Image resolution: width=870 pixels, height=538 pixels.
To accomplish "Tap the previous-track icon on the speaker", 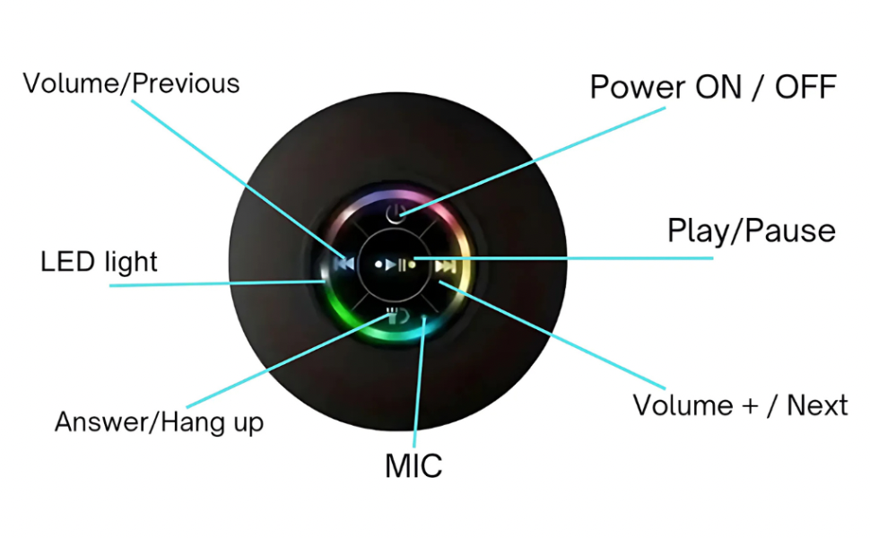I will [x=343, y=265].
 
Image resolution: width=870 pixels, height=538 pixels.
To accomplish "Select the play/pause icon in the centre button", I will [x=396, y=265].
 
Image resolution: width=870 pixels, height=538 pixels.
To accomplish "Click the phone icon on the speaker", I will [x=396, y=315].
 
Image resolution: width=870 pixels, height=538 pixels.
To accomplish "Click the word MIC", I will [x=413, y=465].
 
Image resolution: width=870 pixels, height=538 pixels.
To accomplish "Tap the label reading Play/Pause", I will [x=751, y=231].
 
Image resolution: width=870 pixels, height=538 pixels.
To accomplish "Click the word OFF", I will [x=805, y=87].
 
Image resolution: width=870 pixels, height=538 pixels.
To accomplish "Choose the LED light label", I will [x=99, y=262].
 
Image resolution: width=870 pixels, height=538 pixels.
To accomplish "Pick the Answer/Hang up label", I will [x=159, y=421].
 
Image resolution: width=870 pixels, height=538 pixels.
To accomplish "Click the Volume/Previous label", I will [x=131, y=83].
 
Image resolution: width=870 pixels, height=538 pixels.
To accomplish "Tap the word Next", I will [x=817, y=404].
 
